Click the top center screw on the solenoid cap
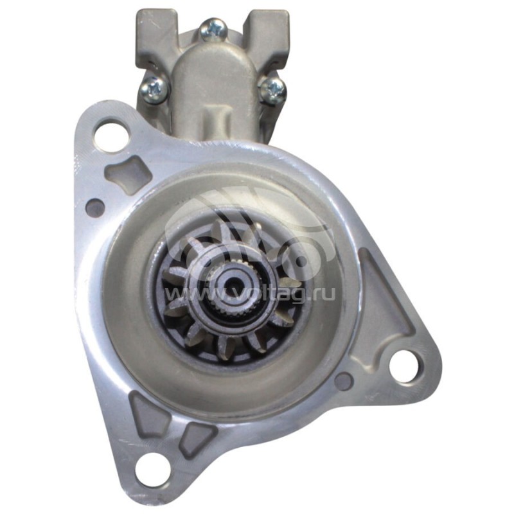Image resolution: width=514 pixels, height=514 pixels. coord(213,29)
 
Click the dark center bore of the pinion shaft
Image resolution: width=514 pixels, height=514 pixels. coord(233,283)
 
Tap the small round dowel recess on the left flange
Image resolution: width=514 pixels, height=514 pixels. coord(95,207)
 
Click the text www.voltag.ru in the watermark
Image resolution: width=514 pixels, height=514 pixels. coord(250,294)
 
